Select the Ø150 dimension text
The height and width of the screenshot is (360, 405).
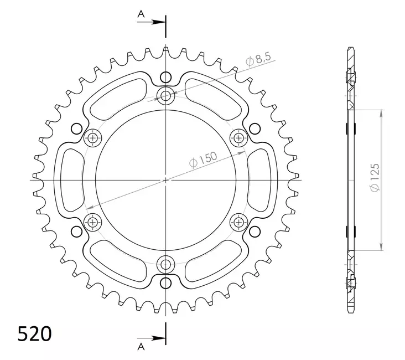pos(203,159)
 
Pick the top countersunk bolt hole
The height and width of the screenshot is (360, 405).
pos(165,96)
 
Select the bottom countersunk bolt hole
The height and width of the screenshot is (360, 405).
pos(165,264)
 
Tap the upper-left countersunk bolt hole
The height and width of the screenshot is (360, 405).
pos(92,137)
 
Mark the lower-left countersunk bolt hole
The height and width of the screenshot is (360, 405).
pos(92,222)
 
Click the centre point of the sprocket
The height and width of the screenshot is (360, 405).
pos(165,180)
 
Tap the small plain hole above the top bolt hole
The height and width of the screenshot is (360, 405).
pos(165,77)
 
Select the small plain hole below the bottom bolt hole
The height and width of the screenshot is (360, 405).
pos(165,283)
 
